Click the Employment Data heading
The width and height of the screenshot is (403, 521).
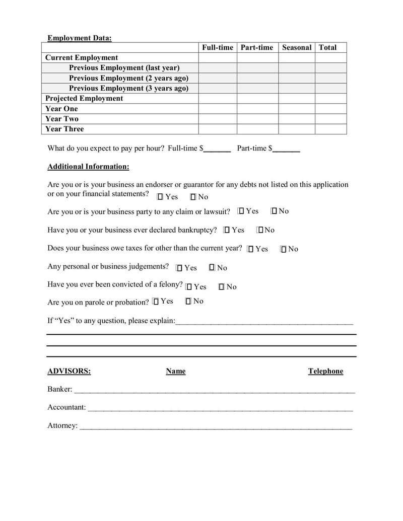tap(80, 38)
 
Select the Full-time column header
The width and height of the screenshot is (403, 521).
tap(218, 47)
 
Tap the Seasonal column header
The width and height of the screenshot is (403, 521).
tap(296, 47)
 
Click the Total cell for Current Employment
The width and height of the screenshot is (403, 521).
tap(330, 57)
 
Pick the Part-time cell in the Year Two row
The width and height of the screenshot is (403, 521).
tap(257, 119)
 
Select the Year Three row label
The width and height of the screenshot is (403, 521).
tap(64, 129)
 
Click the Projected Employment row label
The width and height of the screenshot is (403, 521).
tap(84, 98)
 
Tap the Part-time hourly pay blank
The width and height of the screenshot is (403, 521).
tap(286, 149)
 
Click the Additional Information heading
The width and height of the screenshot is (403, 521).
tap(88, 167)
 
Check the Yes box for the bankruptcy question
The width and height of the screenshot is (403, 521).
tap(227, 230)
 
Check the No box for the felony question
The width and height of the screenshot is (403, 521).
tap(221, 287)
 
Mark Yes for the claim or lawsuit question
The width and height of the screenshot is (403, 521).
tap(241, 211)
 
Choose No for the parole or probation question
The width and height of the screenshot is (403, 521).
tap(188, 301)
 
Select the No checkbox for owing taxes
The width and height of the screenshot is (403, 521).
tap(283, 249)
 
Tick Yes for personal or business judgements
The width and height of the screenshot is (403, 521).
tap(179, 268)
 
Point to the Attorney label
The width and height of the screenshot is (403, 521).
tap(62, 425)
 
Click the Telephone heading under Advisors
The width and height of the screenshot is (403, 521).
tap(325, 371)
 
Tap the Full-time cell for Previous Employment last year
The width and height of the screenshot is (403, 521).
tap(218, 67)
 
